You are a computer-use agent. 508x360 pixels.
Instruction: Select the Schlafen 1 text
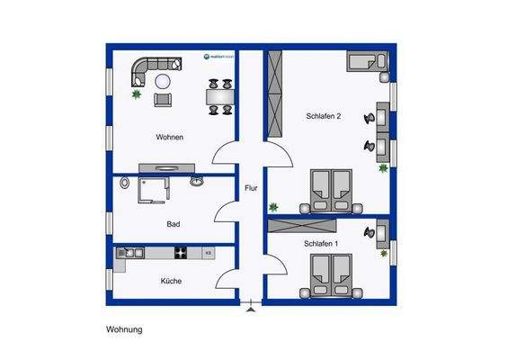(322, 244)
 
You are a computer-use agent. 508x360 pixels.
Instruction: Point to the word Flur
(251, 189)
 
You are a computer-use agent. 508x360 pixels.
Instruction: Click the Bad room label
(174, 224)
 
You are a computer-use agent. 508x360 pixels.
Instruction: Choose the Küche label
(171, 281)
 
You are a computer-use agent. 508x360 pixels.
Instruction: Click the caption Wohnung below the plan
(124, 330)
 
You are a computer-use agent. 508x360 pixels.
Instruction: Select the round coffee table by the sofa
(163, 82)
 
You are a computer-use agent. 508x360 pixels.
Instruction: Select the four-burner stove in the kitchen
(180, 253)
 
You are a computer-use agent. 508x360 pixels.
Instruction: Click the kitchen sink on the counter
(129, 253)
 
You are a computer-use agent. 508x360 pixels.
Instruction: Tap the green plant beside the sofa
(135, 94)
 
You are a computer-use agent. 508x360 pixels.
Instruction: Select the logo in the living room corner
(218, 58)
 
